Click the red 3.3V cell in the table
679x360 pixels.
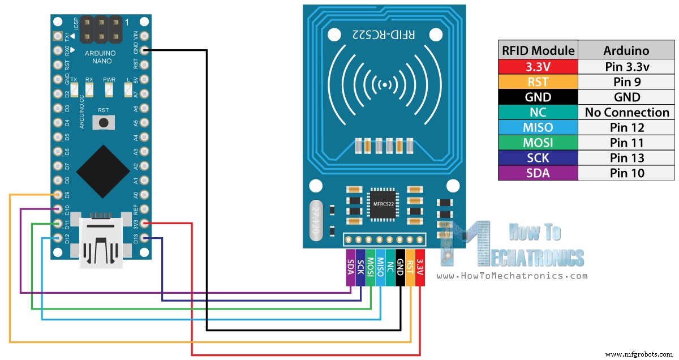pos(538,66)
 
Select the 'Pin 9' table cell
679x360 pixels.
pos(626,82)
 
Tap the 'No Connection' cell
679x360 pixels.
pos(626,112)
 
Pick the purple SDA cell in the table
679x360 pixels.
pos(538,173)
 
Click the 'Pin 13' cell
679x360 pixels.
pos(626,158)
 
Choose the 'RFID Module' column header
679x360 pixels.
pos(538,50)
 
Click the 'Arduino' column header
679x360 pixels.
pos(626,50)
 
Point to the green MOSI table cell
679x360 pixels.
pos(538,143)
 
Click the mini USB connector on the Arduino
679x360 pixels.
pos(102,241)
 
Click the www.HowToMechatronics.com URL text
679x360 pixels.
pos(512,276)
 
